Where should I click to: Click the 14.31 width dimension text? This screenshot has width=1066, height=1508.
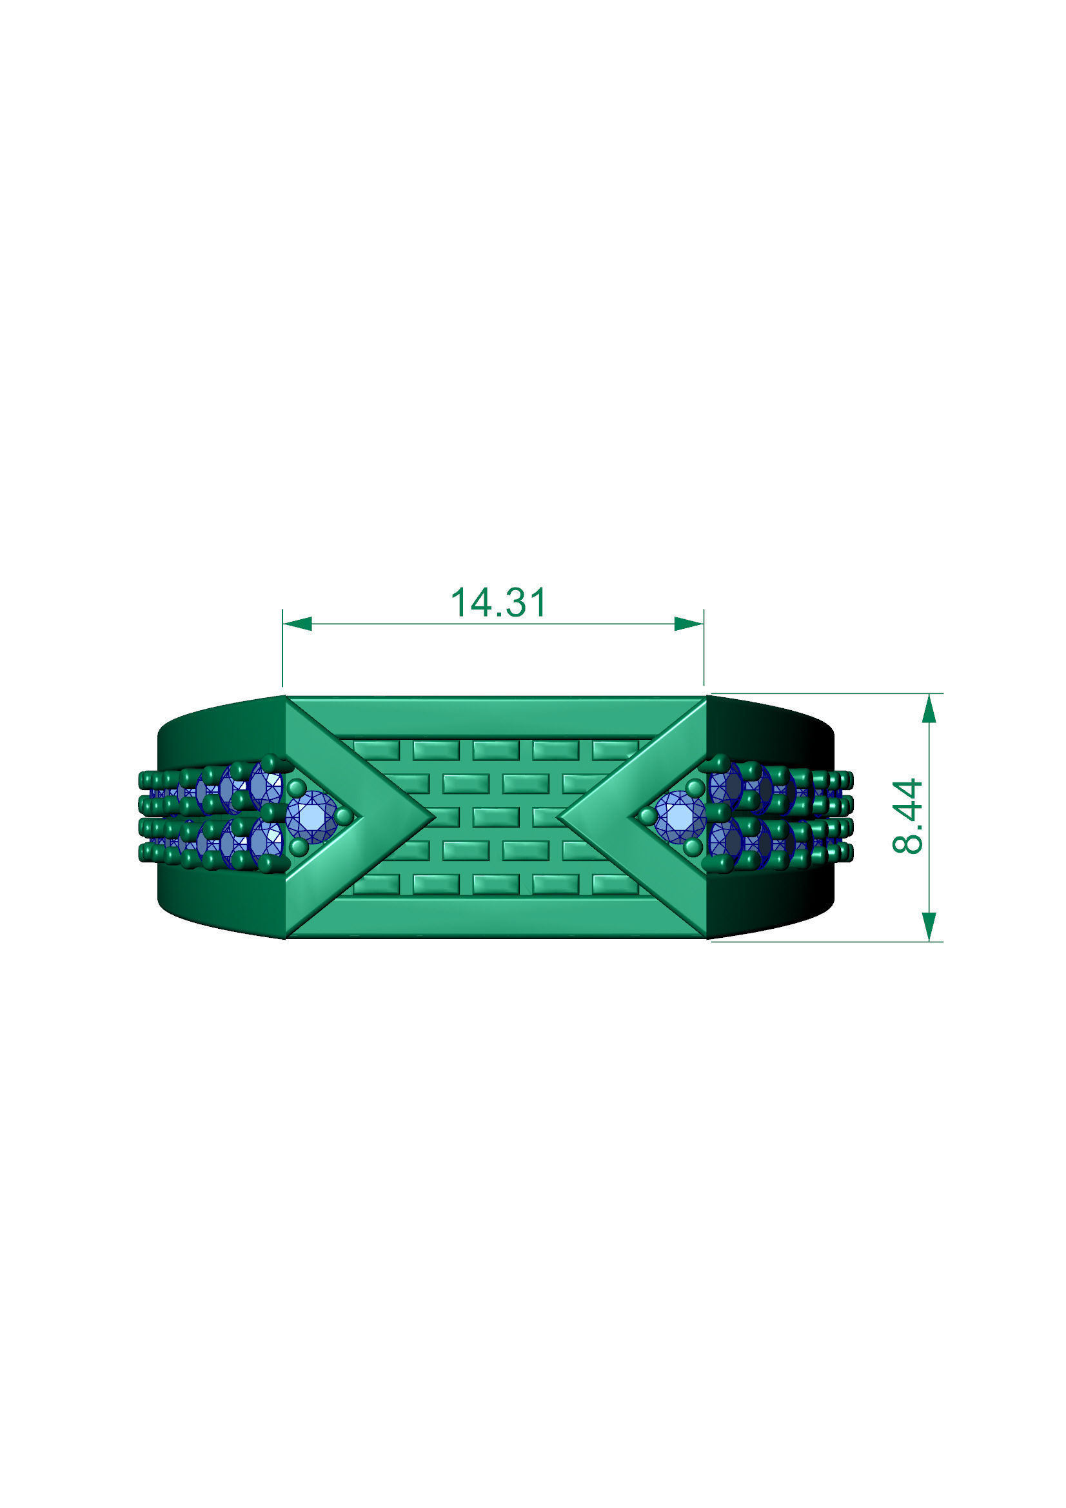click(x=498, y=602)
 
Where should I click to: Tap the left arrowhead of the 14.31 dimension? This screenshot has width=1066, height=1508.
click(x=297, y=623)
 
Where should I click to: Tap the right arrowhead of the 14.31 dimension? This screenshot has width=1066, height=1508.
click(x=689, y=623)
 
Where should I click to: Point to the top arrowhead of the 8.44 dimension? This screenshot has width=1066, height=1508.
click(x=928, y=709)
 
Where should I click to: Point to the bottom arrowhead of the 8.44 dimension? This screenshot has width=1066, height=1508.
click(x=928, y=926)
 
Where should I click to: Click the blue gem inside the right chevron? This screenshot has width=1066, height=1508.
click(x=680, y=817)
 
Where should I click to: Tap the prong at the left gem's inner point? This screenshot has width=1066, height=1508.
click(x=344, y=817)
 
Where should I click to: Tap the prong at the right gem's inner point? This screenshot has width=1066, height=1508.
click(x=647, y=817)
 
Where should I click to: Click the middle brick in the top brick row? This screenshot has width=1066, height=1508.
click(x=496, y=749)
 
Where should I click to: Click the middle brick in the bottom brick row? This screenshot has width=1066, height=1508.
click(x=496, y=884)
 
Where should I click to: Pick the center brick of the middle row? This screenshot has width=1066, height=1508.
click(x=496, y=817)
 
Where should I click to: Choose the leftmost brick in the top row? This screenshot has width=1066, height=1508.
click(x=376, y=749)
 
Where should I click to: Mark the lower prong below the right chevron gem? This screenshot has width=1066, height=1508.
click(x=692, y=848)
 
